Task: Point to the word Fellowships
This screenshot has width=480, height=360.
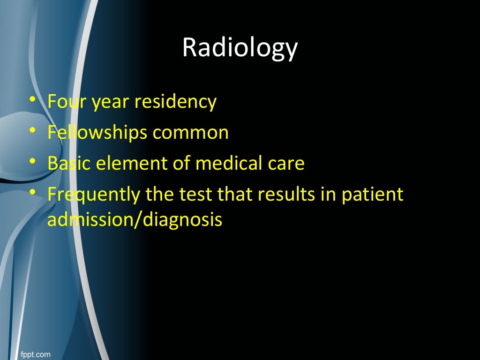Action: (97, 133)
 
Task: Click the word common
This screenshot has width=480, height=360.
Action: (190, 133)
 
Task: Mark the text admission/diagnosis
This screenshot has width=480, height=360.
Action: (135, 219)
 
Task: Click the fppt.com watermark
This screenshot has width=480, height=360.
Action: (35, 353)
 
